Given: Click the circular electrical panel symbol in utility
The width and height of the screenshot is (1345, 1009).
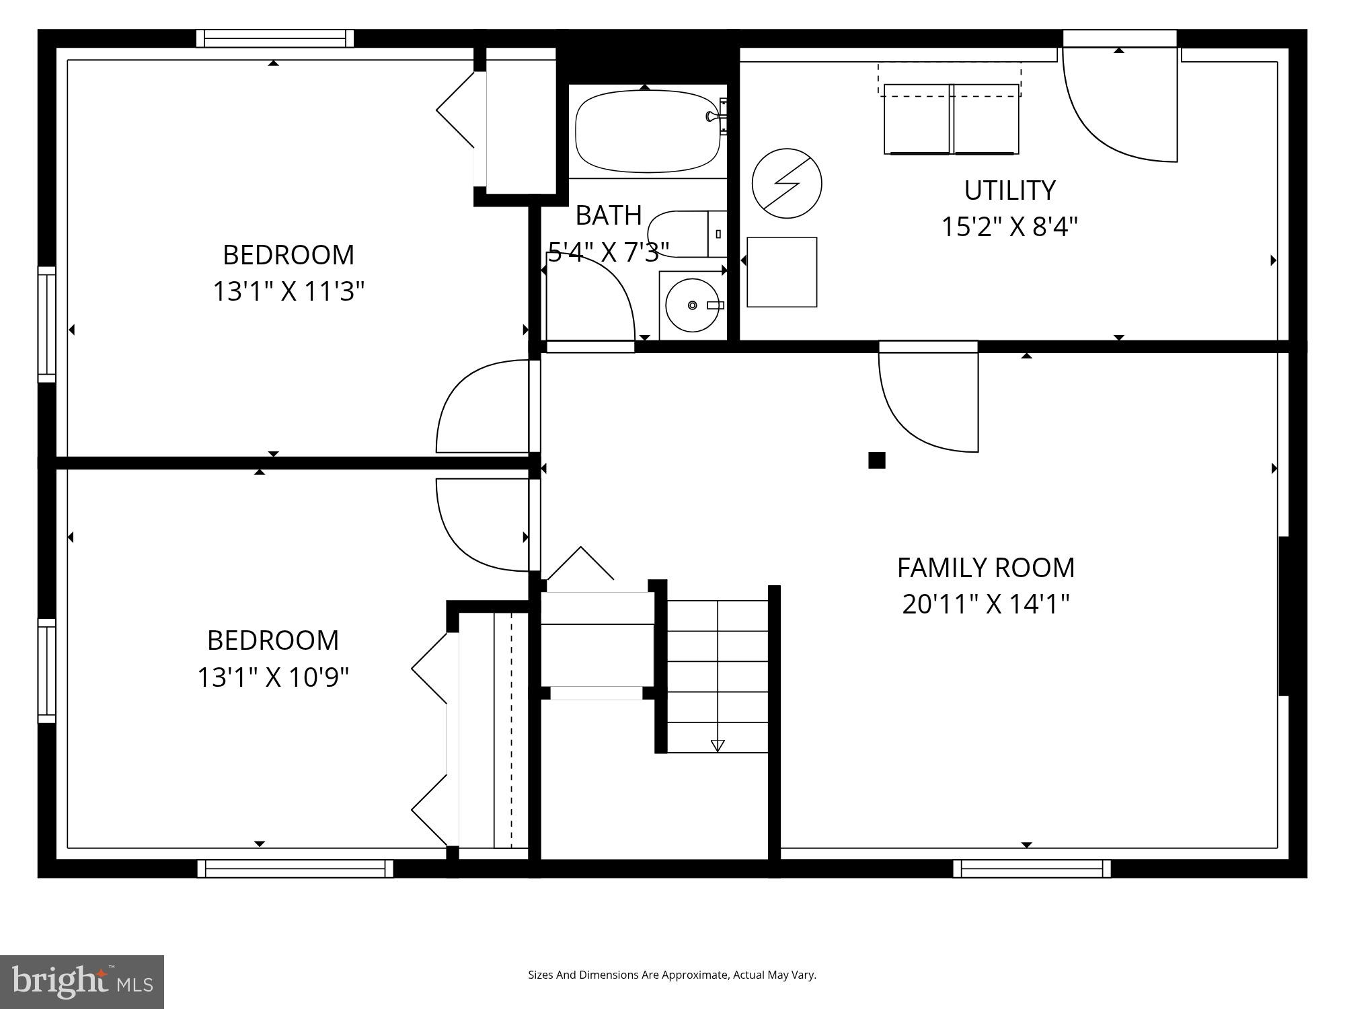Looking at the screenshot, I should [x=787, y=183].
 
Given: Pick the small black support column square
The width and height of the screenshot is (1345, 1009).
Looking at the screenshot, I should [x=876, y=460].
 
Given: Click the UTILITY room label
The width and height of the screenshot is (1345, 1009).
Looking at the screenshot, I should [x=1009, y=191].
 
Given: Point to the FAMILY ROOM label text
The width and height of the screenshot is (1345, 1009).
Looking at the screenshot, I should [x=985, y=568].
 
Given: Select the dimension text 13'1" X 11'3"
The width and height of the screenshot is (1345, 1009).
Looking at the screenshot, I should [x=289, y=292].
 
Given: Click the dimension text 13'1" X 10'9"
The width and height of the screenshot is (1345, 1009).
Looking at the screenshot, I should [x=272, y=677].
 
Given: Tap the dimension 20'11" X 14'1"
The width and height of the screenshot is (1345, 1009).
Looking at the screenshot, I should [x=985, y=604].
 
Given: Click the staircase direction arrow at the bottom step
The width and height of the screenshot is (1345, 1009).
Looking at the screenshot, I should [x=718, y=745].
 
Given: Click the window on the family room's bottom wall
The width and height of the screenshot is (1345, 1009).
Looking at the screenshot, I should [x=1032, y=868].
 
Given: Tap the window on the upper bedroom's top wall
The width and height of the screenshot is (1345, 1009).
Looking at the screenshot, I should [x=274, y=38].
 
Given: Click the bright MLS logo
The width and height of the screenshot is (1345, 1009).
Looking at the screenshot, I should [x=82, y=981].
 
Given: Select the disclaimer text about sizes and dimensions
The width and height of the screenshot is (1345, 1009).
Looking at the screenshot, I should [x=672, y=975].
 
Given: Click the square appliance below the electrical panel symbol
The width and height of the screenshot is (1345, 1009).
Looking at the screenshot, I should [x=781, y=272].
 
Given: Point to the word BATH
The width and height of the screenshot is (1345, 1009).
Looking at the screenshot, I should [x=609, y=215].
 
